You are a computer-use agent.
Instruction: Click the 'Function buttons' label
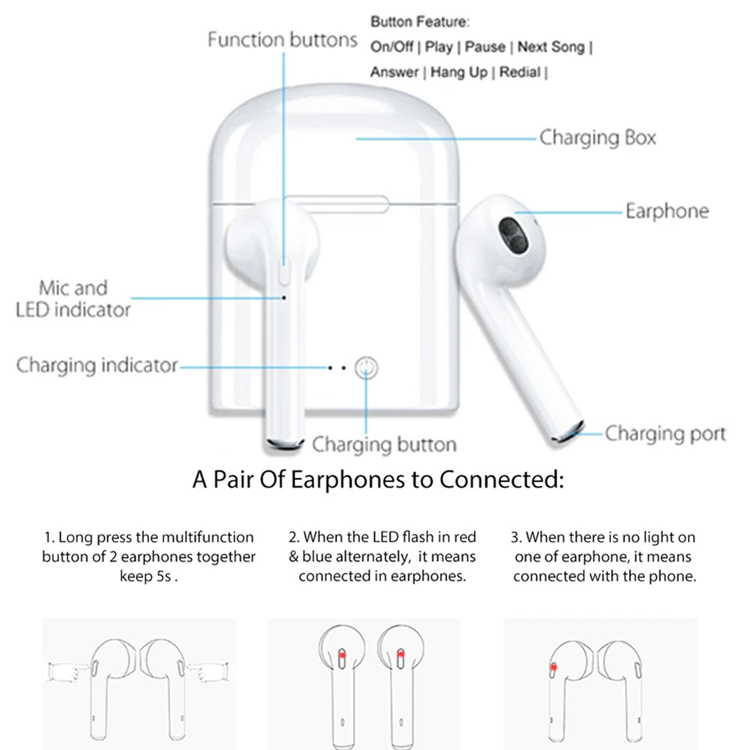pos(282,39)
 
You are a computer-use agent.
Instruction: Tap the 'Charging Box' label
pos(597,138)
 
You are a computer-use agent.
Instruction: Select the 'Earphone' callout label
pos(667,211)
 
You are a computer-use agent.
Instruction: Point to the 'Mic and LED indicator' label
pos(73,298)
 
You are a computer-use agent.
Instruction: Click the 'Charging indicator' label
pos(97,365)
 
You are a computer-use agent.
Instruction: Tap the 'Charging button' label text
pos(384,444)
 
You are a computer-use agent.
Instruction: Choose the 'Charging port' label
pos(665,433)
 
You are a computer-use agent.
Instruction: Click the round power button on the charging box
pos(366,367)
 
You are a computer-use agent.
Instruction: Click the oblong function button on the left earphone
pos(284,270)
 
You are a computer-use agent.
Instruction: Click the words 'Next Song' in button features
pos(550,46)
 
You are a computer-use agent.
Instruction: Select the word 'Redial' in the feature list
pos(520,72)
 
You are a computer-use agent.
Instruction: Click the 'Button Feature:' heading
pos(420,22)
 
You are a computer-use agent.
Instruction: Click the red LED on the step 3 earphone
pos(553,666)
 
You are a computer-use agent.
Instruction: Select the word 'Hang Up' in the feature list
pos(458,72)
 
